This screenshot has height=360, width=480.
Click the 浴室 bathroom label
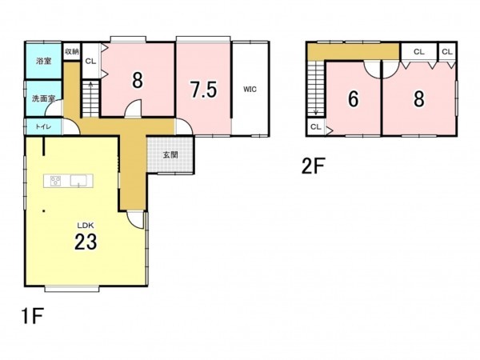pos(43,62)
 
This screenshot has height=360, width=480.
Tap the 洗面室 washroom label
pos(43,98)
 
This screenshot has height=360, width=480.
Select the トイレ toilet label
pos(43,126)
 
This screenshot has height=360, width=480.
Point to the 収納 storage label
pos(72,51)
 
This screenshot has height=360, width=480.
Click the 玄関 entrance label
pos(170,155)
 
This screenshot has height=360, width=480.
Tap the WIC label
pos(250,90)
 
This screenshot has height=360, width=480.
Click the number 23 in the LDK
pos(86,242)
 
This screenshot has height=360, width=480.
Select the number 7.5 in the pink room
pos(203,90)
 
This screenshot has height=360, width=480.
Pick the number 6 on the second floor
pos(354,99)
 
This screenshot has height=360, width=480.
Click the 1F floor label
pos(32,316)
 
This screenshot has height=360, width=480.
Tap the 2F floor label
pos(313,166)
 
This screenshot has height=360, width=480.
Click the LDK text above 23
pos(86,226)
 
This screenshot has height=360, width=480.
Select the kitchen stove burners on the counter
pos(55,181)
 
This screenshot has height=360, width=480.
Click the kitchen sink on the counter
pos(78,181)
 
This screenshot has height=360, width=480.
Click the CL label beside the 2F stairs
pos(315,126)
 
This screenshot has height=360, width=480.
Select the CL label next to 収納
pos(90,62)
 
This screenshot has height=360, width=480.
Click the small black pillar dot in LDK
pos(44,211)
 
